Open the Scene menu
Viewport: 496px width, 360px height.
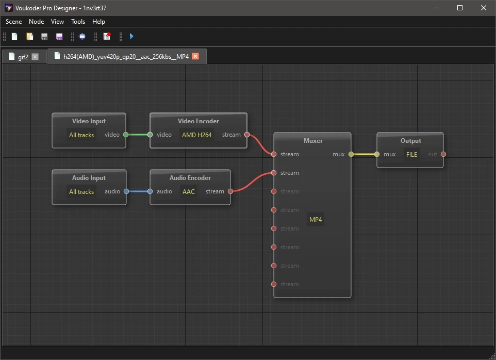click(x=13, y=22)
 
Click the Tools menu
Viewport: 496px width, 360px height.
click(x=78, y=22)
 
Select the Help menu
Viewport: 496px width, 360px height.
click(x=98, y=22)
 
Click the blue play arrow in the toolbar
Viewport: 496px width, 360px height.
click(x=131, y=37)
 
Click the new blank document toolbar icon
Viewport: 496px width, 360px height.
click(x=14, y=37)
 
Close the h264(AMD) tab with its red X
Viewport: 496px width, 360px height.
click(x=195, y=56)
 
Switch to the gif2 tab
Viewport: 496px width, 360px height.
click(x=23, y=57)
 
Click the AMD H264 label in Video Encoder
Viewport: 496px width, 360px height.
click(x=197, y=135)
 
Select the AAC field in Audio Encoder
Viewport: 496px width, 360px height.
click(x=189, y=191)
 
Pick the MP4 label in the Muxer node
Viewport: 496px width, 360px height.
click(x=316, y=220)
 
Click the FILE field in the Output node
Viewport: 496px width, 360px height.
click(x=411, y=154)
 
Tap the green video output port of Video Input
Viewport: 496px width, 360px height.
click(x=126, y=135)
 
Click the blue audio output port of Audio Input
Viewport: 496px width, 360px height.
click(x=126, y=191)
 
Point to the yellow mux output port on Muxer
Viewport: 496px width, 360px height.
click(x=351, y=154)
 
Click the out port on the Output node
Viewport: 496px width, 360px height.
click(x=443, y=154)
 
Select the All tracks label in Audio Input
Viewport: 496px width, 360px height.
click(x=81, y=192)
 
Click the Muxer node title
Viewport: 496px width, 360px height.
click(x=313, y=141)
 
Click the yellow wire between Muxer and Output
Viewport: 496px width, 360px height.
click(x=364, y=154)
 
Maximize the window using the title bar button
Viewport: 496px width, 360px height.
click(x=460, y=8)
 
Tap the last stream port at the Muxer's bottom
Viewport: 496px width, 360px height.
click(x=274, y=284)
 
